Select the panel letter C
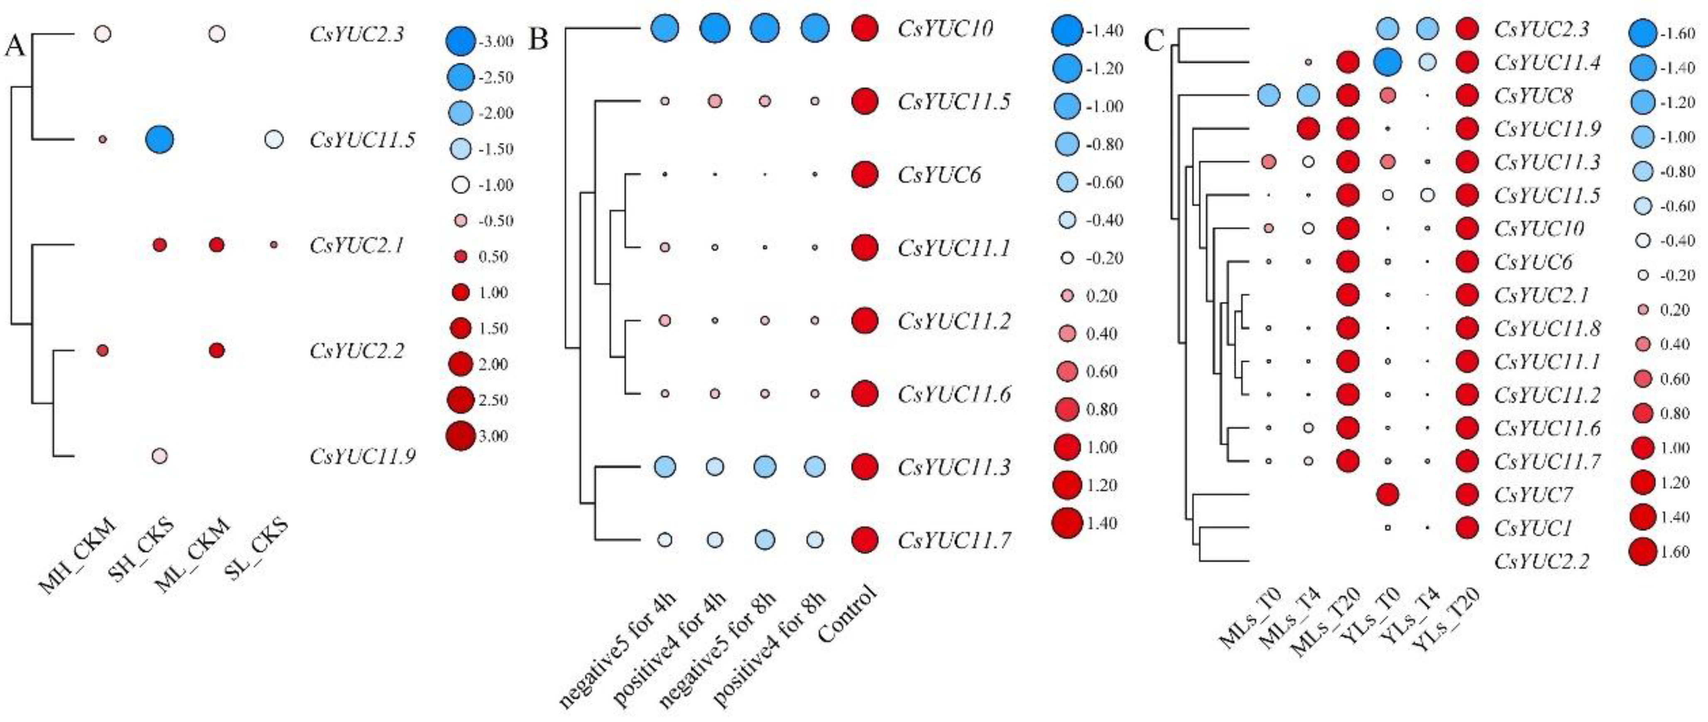1154,41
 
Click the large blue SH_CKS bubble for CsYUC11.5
159,139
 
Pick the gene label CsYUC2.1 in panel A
357,245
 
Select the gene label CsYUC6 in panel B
939,175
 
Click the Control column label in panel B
849,613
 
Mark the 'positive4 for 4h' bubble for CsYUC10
715,29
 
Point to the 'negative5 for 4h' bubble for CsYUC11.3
664,467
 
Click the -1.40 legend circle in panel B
1067,31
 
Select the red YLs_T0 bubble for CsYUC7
1388,494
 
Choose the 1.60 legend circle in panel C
1642,552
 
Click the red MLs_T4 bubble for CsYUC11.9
1308,129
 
